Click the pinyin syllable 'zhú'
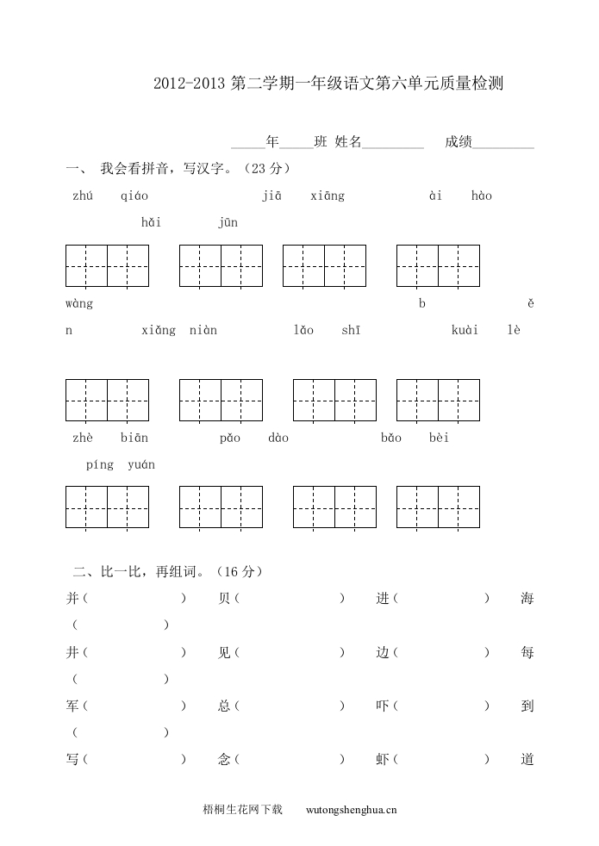click(83, 196)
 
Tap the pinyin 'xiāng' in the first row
click(328, 196)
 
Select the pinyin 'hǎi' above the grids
click(151, 223)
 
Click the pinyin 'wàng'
click(79, 304)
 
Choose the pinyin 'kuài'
click(465, 331)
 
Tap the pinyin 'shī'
click(351, 331)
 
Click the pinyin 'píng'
click(100, 465)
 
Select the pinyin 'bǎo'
click(391, 439)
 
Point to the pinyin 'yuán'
click(141, 465)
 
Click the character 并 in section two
click(72, 599)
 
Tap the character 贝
click(225, 599)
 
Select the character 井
click(72, 653)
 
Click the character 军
click(72, 706)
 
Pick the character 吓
click(383, 706)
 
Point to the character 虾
click(383, 760)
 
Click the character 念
click(225, 760)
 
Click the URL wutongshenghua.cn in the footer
click(352, 810)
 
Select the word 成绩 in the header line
click(459, 142)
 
